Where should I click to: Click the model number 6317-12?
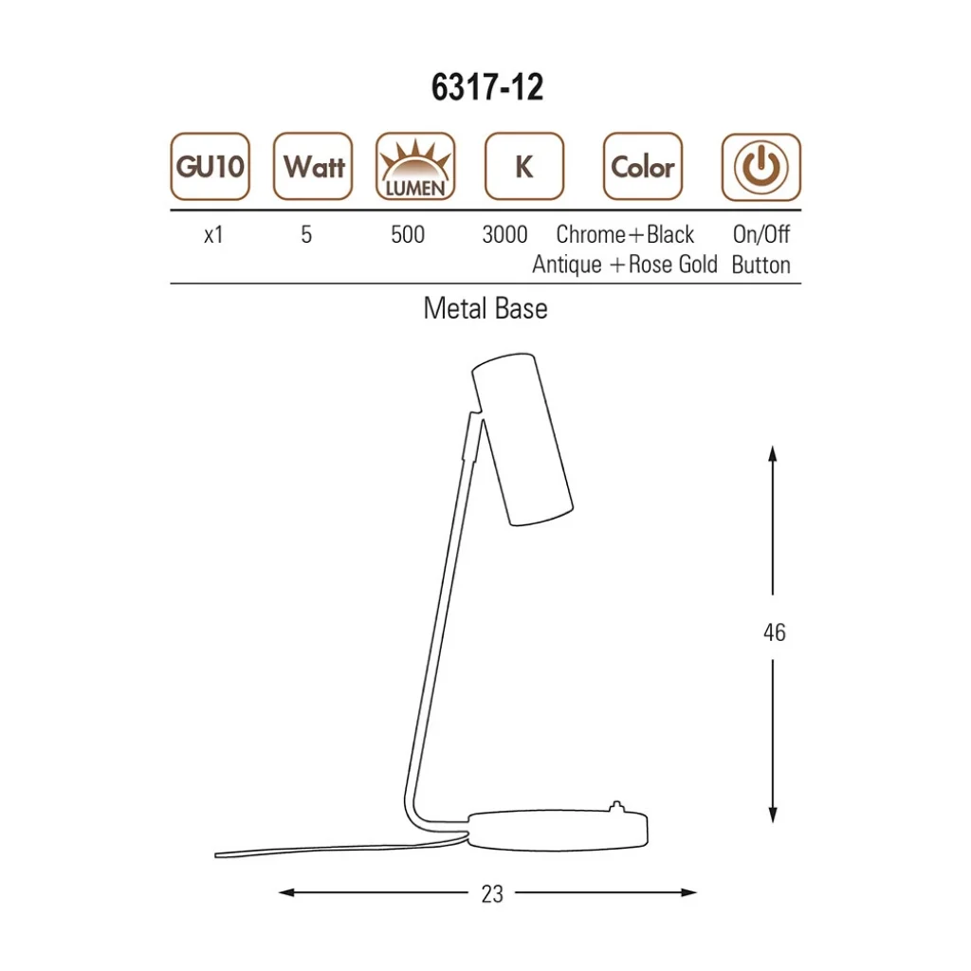pyautogui.click(x=487, y=86)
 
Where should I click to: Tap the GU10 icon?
pyautogui.click(x=210, y=167)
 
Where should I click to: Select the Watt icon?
pyautogui.click(x=313, y=167)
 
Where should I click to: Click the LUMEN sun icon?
pyautogui.click(x=415, y=167)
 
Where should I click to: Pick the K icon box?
pyautogui.click(x=524, y=167)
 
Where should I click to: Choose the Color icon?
pyautogui.click(x=643, y=167)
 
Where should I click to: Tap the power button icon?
pyautogui.click(x=761, y=167)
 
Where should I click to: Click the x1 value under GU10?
pyautogui.click(x=213, y=235)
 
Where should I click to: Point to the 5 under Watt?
pyautogui.click(x=306, y=235)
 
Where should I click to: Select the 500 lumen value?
pyautogui.click(x=408, y=235)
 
